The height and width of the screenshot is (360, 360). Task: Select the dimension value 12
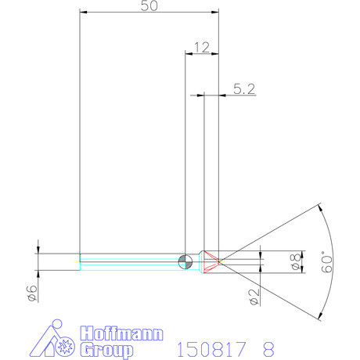[200, 48]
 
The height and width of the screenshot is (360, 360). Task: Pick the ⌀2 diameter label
[253, 296]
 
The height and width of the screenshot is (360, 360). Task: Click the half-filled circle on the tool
[185, 261]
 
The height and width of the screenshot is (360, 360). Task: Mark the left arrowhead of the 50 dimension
[84, 13]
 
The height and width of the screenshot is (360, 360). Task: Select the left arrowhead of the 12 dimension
[187, 55]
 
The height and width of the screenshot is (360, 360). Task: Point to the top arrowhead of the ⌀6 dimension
[38, 250]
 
